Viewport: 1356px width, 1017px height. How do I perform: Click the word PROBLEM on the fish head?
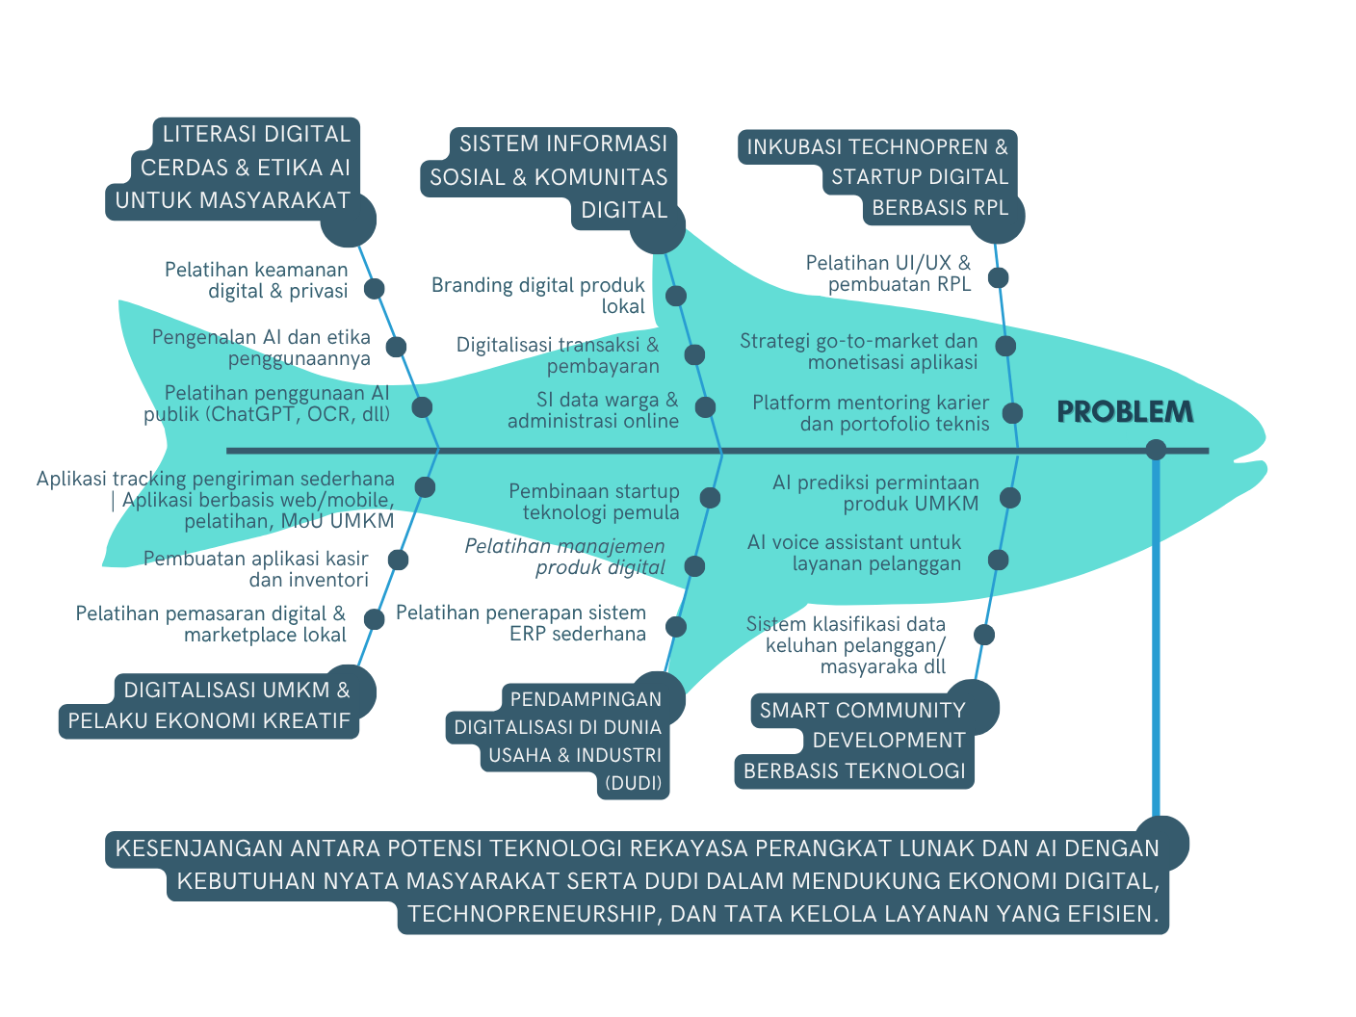[x=1125, y=411]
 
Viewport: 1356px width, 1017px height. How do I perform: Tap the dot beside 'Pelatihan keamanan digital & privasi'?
[x=374, y=289]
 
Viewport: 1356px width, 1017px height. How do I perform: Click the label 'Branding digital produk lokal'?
[x=538, y=296]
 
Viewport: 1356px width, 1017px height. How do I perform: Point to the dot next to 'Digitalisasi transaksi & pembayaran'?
[x=694, y=354]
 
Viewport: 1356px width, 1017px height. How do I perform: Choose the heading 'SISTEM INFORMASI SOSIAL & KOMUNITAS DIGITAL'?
[x=549, y=176]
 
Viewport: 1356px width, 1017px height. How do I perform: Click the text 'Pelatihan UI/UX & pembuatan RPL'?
[x=888, y=274]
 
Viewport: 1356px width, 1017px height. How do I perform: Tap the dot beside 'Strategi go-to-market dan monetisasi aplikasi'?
[x=1005, y=346]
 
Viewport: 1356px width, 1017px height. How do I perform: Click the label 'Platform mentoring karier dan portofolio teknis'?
[x=871, y=413]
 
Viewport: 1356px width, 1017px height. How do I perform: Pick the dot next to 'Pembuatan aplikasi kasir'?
[x=398, y=560]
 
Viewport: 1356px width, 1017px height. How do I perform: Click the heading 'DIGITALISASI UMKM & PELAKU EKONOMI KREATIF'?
[x=210, y=705]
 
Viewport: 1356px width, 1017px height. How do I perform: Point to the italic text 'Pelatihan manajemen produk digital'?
[x=565, y=557]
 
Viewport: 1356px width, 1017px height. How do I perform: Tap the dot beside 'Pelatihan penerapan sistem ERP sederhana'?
[x=676, y=627]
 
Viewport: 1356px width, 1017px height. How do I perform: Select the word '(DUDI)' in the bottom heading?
[x=633, y=783]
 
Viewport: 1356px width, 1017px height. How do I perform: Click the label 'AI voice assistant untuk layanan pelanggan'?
[x=854, y=553]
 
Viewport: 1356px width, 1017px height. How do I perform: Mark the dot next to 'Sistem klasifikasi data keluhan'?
[x=983, y=635]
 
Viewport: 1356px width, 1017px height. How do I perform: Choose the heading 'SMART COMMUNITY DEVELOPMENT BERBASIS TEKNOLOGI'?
[x=855, y=740]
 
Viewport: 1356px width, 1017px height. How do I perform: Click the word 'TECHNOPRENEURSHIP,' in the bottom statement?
[x=534, y=914]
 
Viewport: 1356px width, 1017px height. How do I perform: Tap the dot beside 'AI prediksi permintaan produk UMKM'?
[x=1009, y=498]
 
